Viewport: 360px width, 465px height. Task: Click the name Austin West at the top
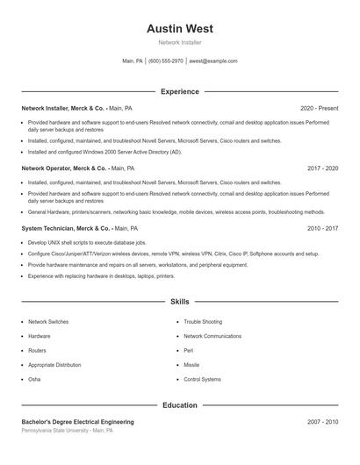click(179, 28)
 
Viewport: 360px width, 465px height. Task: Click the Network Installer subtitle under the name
click(179, 42)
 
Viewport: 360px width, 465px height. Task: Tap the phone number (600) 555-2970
click(165, 61)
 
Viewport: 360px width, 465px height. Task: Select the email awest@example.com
click(213, 61)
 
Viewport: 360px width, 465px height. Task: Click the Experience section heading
click(179, 91)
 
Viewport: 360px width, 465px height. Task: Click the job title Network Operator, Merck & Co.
click(63, 168)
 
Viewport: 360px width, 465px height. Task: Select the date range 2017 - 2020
click(322, 168)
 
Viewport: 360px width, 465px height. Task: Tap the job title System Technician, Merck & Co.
click(66, 228)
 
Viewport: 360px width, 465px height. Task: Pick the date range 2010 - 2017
click(322, 228)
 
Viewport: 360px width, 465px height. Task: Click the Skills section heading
click(179, 301)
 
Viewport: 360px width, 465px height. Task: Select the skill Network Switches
click(48, 322)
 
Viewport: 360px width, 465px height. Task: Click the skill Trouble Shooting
click(203, 322)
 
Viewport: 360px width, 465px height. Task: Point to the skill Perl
click(188, 350)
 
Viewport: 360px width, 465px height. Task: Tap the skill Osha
click(34, 379)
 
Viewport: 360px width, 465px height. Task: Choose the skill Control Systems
click(202, 379)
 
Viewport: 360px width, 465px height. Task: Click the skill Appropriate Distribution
click(54, 365)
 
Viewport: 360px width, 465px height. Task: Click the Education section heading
click(179, 405)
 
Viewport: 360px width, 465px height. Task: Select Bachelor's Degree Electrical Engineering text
click(77, 422)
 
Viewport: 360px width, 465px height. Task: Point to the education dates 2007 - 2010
click(322, 422)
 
